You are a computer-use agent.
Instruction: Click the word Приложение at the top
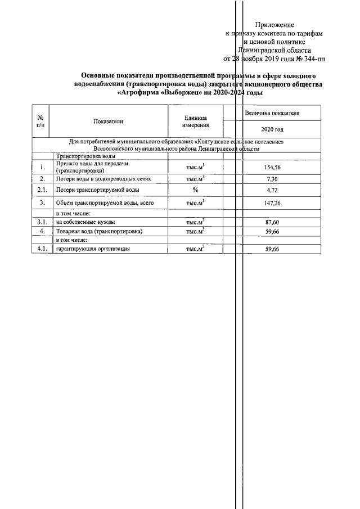(274, 25)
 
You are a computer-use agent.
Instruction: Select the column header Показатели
(109, 121)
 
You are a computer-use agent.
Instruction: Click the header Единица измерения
(195, 121)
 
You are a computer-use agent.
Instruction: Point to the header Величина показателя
(272, 113)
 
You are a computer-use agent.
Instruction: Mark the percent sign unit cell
(195, 190)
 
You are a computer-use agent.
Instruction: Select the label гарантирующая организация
(93, 249)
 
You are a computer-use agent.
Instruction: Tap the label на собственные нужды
(85, 223)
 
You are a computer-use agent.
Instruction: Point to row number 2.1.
(42, 190)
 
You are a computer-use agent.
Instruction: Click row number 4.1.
(42, 249)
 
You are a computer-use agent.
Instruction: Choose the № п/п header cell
(41, 121)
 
